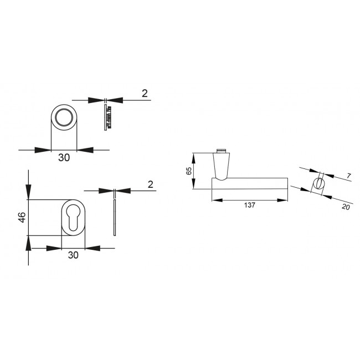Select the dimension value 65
tap(188, 171)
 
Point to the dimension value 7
tap(348, 176)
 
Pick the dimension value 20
tap(346, 207)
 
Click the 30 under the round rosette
tap(64, 158)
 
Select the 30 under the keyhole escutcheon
tap(72, 255)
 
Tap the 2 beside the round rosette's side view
tap(145, 94)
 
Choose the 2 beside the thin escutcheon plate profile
tap(150, 184)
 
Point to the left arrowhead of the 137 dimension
tap(215, 200)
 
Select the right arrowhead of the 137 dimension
tap(284, 200)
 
